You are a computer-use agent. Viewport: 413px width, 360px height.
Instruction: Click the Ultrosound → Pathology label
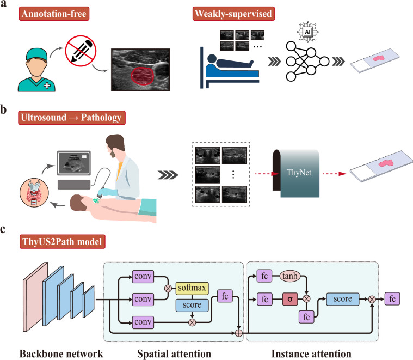pyautogui.click(x=66, y=119)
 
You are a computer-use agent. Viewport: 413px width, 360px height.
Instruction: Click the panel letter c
pyautogui.click(x=5, y=229)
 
